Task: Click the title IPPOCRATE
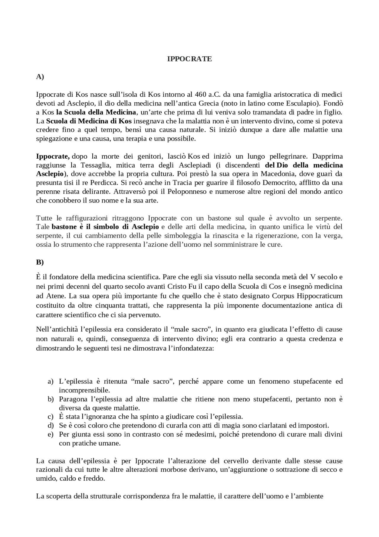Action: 189,59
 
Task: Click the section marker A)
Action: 40,77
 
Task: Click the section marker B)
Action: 40,262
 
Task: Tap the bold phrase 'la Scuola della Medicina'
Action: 96,112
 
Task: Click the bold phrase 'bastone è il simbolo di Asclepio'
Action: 105,227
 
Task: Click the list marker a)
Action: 51,381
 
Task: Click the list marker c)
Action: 51,417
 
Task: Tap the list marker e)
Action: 51,434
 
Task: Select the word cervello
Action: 236,461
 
